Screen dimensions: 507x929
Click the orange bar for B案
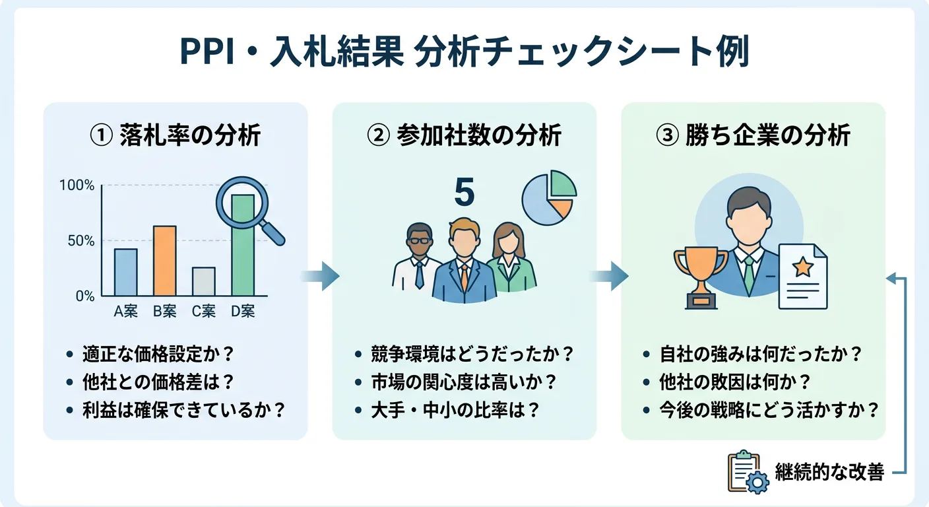(x=164, y=260)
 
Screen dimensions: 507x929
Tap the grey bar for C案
(x=203, y=281)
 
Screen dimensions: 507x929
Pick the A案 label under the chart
(x=125, y=312)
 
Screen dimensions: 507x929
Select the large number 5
(x=464, y=193)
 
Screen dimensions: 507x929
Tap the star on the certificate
(x=802, y=267)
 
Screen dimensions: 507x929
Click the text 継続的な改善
(x=829, y=473)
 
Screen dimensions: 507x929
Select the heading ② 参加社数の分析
(x=464, y=135)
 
